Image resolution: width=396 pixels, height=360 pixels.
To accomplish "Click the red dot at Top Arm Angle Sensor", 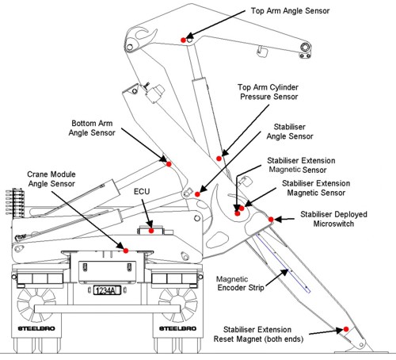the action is click(183, 40).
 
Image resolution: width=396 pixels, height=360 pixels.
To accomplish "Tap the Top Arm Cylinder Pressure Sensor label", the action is click(268, 92).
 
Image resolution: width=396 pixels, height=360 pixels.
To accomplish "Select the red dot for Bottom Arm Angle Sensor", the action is click(169, 164).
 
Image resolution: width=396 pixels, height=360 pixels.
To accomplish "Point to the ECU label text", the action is click(142, 191).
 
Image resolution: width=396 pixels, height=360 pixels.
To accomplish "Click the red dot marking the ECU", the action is click(151, 231).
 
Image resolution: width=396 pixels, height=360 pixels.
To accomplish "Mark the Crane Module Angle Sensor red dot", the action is click(126, 251).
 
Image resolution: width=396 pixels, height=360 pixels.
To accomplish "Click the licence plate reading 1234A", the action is click(107, 290).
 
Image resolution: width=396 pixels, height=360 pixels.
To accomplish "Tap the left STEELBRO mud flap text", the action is click(36, 328).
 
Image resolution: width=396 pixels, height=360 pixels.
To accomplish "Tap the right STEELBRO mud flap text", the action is click(177, 328).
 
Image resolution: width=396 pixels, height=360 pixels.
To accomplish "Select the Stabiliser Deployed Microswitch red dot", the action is click(271, 219).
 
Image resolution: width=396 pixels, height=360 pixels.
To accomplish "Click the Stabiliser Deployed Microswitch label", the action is click(333, 219).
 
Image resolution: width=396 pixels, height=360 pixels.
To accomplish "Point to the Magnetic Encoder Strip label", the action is click(241, 283).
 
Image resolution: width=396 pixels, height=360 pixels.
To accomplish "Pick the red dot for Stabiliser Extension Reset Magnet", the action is click(346, 329).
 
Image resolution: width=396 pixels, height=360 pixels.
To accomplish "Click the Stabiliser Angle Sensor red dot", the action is click(197, 194).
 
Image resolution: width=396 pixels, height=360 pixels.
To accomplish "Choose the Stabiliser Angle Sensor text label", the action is click(290, 132).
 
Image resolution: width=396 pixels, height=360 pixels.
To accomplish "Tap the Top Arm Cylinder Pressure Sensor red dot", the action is click(219, 159).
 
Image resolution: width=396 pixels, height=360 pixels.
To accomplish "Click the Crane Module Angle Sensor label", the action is click(51, 179).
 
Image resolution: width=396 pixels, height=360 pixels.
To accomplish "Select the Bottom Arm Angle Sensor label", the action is click(92, 128).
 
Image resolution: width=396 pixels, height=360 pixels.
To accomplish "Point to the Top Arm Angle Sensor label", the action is click(290, 11).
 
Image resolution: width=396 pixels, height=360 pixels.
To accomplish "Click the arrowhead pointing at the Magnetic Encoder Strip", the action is click(285, 272).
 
